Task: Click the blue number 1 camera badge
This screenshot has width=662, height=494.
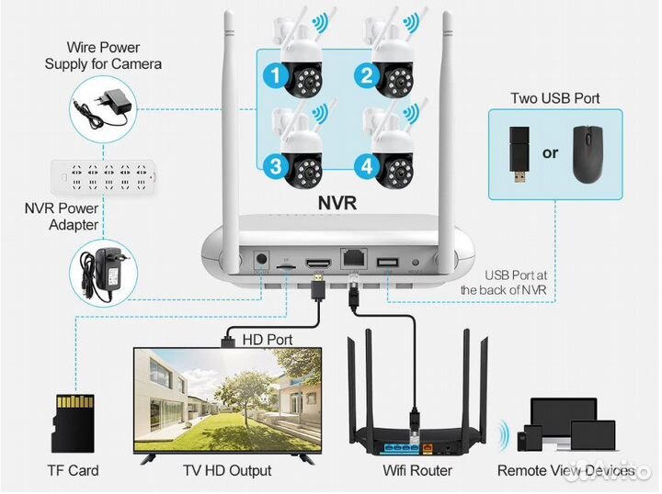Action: click(274, 78)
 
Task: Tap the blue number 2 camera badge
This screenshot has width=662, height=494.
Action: click(366, 78)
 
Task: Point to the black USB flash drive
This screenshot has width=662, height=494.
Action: click(518, 154)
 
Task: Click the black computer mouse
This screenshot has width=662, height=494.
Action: click(588, 153)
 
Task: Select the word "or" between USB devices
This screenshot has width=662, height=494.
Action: click(550, 153)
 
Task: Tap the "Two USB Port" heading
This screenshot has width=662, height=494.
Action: click(550, 99)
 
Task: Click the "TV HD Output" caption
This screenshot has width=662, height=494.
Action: click(227, 471)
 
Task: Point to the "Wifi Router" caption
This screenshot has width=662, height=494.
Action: click(417, 471)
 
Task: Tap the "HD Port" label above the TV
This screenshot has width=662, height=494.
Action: click(267, 340)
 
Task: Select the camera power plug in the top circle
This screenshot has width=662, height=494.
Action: click(101, 103)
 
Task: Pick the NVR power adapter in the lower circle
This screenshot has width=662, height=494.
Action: click(101, 268)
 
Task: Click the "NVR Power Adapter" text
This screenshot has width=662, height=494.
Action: click(61, 215)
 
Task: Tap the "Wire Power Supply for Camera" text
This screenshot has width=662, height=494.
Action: click(102, 55)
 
